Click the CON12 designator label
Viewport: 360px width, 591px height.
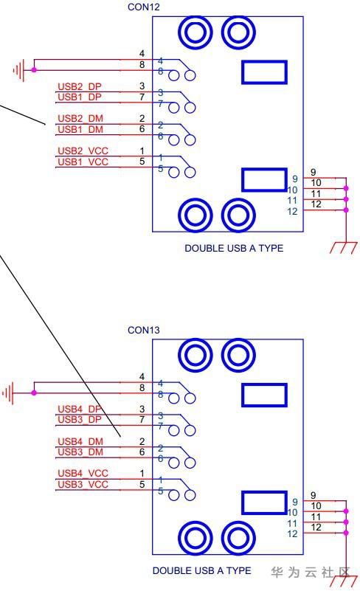[144, 7]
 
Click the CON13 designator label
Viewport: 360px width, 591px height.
[144, 330]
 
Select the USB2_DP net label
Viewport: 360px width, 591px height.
[80, 86]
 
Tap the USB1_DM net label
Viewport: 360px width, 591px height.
[80, 129]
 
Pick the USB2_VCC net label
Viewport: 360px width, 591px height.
[83, 151]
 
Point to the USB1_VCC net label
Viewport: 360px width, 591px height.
[83, 162]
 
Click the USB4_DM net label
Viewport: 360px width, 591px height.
[80, 441]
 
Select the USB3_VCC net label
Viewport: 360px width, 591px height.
[83, 484]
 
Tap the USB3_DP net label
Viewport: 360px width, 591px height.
[80, 419]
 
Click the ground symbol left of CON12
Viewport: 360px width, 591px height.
[19, 70]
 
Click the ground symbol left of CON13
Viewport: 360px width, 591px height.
[8, 393]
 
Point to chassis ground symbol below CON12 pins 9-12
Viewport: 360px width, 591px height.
[344, 247]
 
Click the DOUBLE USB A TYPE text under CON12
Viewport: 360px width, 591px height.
[234, 248]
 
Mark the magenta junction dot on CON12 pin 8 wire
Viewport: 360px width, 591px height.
[35, 70]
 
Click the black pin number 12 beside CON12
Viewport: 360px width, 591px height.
[316, 204]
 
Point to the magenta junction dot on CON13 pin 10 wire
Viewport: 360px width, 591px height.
[346, 511]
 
